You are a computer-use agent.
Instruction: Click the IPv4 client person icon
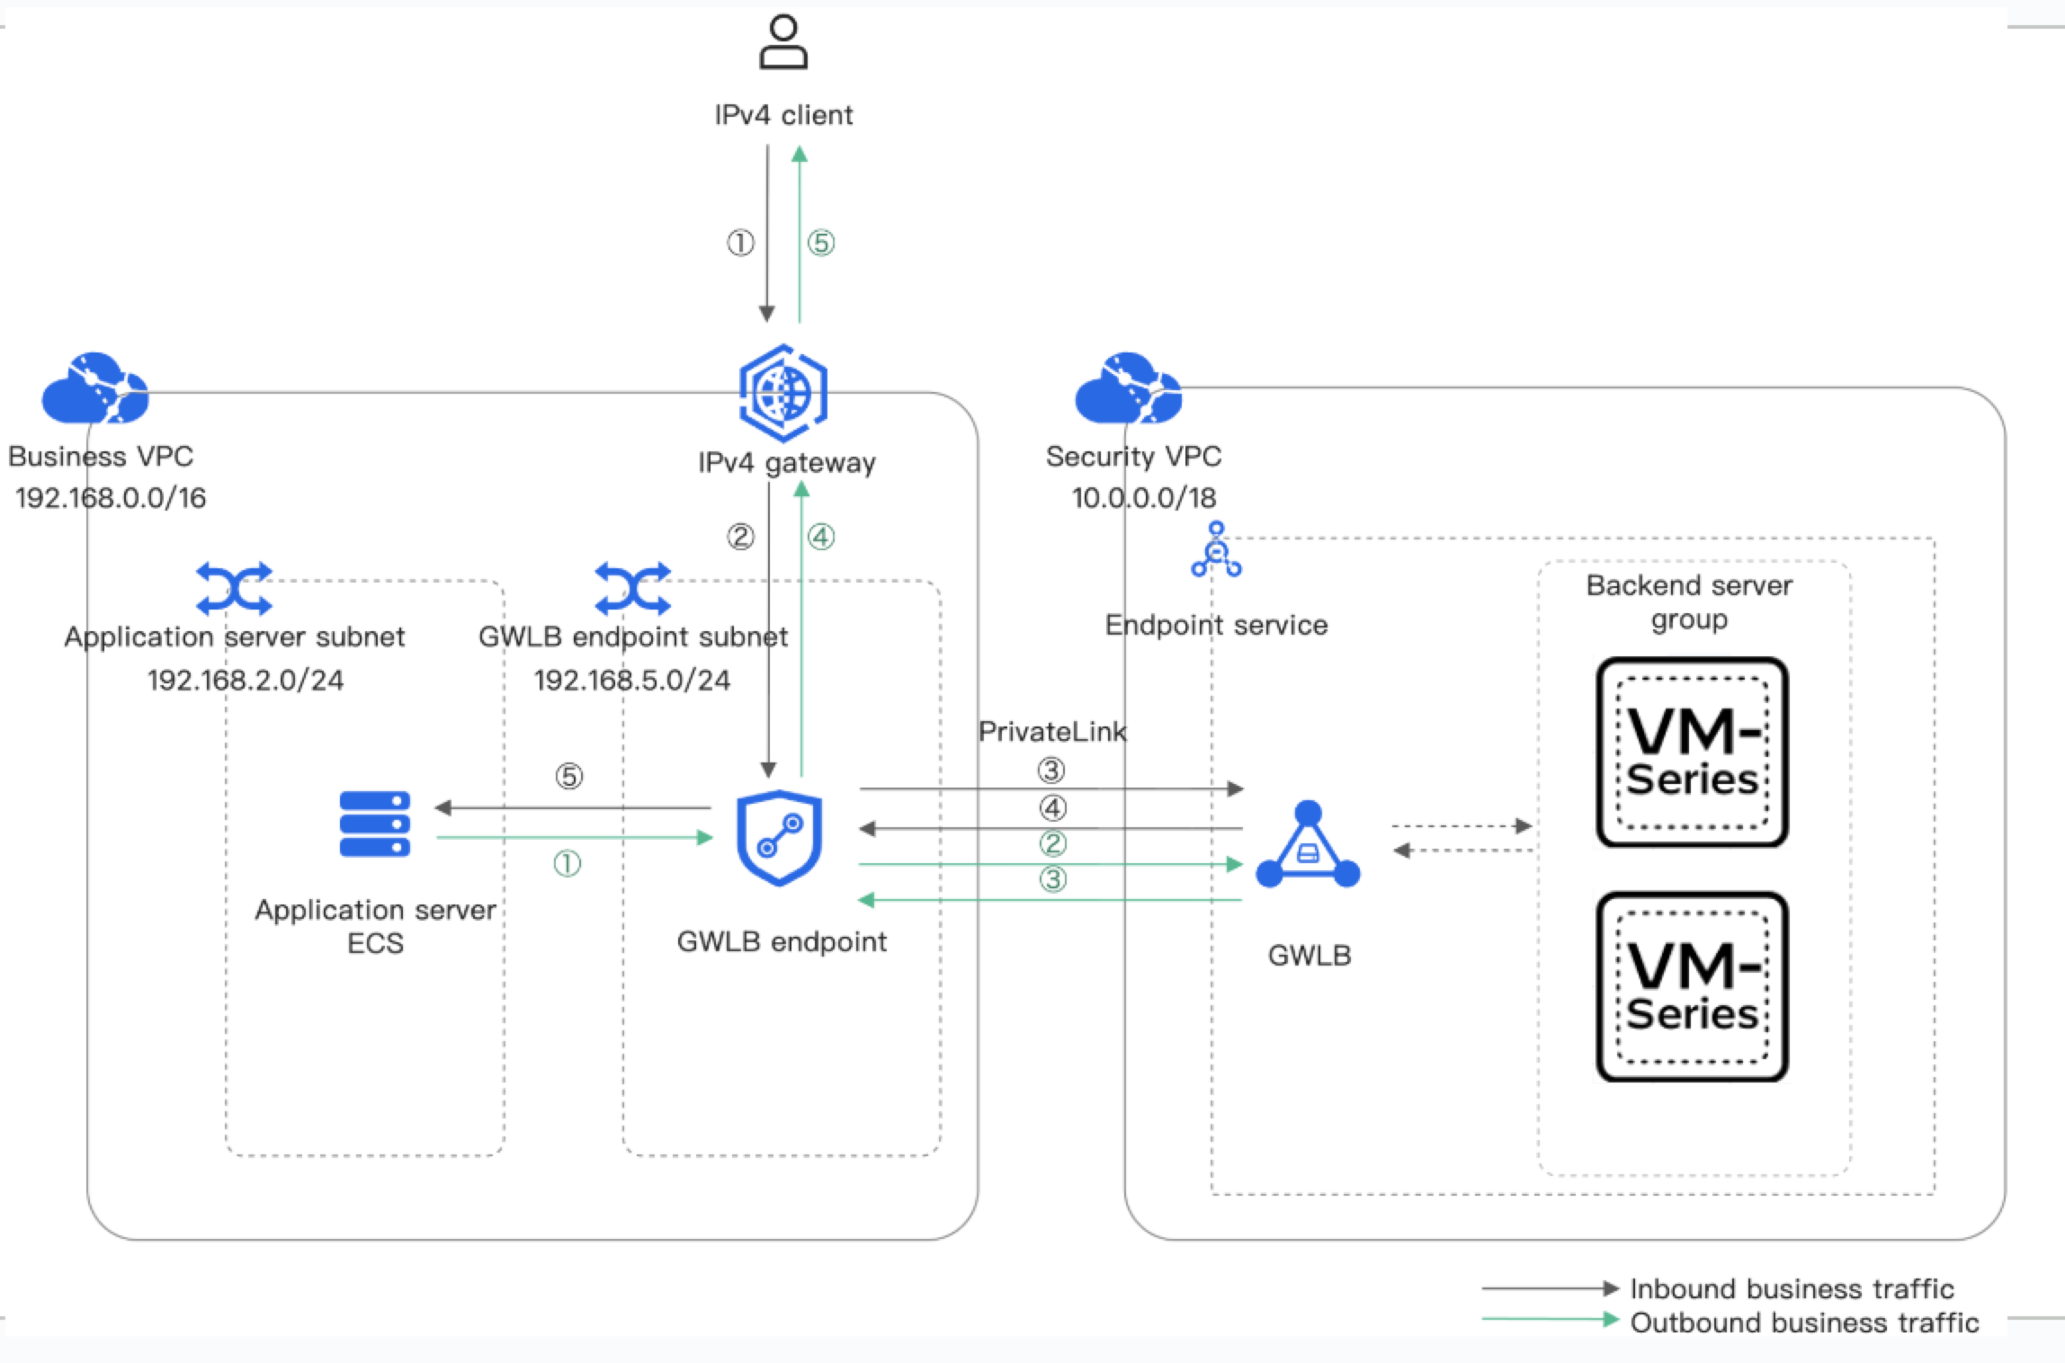click(783, 42)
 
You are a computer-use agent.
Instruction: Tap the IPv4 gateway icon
click(783, 393)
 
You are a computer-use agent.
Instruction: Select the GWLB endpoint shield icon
click(779, 838)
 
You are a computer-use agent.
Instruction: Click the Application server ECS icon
click(375, 824)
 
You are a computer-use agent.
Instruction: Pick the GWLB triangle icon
click(1308, 846)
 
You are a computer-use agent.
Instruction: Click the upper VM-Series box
click(1692, 753)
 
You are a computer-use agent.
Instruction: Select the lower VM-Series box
click(1692, 986)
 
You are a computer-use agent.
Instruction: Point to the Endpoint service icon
click(1216, 549)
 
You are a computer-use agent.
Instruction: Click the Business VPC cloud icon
click(94, 388)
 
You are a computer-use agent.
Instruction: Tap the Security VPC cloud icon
click(1128, 388)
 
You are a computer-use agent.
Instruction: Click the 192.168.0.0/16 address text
click(111, 497)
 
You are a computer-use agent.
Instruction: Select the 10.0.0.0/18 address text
click(1144, 497)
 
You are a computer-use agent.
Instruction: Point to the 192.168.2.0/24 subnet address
click(246, 680)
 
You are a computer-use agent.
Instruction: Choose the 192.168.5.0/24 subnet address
click(632, 680)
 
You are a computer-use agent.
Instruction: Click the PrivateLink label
click(1052, 732)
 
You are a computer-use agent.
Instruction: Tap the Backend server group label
click(1689, 602)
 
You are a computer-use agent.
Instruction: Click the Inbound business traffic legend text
click(1792, 1288)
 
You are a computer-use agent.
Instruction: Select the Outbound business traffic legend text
click(1804, 1323)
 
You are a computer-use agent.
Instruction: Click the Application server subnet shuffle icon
click(234, 589)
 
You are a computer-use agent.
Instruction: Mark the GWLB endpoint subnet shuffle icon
click(633, 589)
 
